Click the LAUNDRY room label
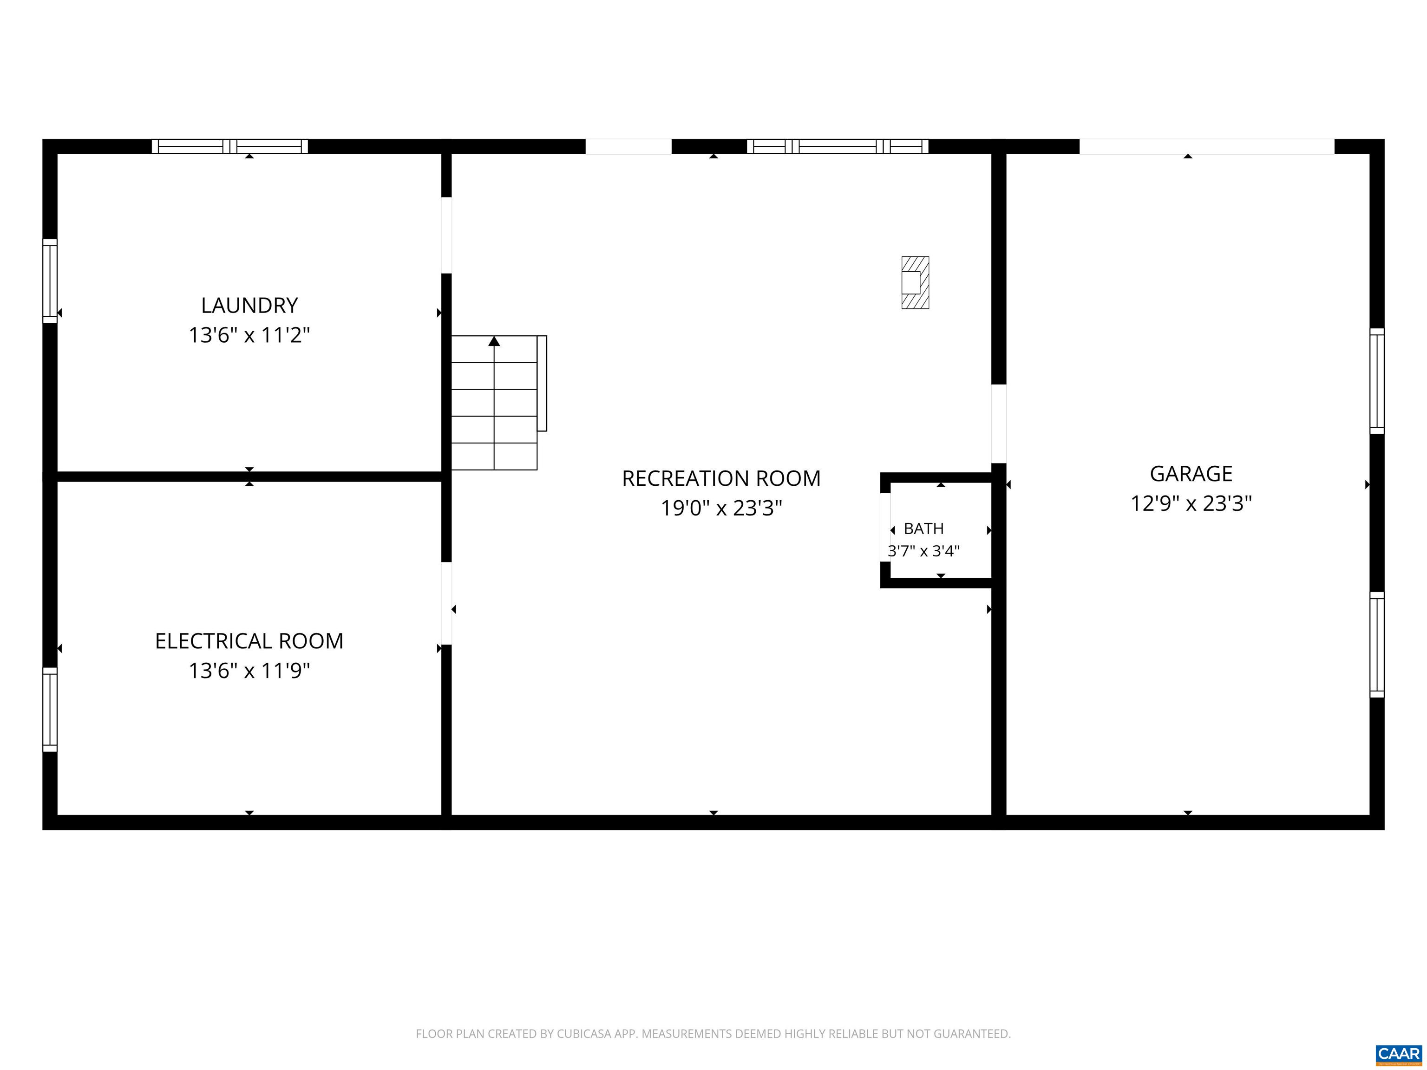click(x=249, y=305)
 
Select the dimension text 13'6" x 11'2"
click(x=249, y=335)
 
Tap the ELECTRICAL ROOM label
click(x=249, y=640)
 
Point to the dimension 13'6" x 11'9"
click(x=249, y=671)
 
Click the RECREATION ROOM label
click(x=721, y=478)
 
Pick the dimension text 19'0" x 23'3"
click(x=721, y=508)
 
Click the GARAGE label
click(x=1191, y=473)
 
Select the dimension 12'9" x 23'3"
click(x=1191, y=503)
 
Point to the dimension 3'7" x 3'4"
click(x=924, y=551)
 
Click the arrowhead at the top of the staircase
click(x=494, y=340)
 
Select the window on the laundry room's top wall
click(x=229, y=146)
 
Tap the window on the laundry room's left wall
click(x=50, y=281)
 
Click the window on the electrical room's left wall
click(x=50, y=710)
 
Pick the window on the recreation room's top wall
click(x=838, y=146)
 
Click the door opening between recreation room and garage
click(x=999, y=424)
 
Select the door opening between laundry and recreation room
click(x=446, y=235)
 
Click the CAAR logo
click(x=1399, y=1054)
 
